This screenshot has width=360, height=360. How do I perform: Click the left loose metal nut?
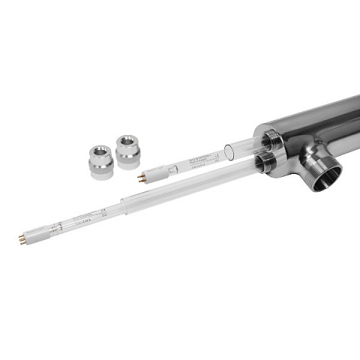[100, 161]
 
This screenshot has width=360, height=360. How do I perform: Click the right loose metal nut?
[127, 149]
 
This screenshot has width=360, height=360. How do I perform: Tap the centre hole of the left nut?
[100, 152]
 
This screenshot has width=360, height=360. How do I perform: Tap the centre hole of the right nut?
[127, 141]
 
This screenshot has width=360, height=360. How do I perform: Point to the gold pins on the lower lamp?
[22, 238]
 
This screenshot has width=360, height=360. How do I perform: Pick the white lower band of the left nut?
[100, 171]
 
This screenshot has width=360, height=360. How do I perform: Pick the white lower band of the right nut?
[127, 159]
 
